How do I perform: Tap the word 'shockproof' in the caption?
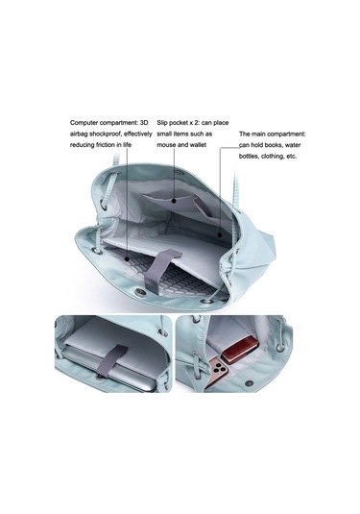tap(107, 135)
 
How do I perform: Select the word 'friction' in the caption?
tap(107, 145)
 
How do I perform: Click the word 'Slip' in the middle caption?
tap(162, 123)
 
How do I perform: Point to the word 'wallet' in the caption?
tap(198, 145)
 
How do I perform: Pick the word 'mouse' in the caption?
tap(166, 145)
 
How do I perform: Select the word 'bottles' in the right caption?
tap(249, 157)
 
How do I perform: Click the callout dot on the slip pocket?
tap(175, 201)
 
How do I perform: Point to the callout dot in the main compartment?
tap(220, 234)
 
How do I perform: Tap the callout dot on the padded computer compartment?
tap(127, 259)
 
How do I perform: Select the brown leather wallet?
tap(240, 350)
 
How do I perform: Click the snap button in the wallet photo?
tap(250, 383)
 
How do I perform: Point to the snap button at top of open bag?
tap(179, 172)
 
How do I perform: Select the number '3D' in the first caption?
tap(144, 123)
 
